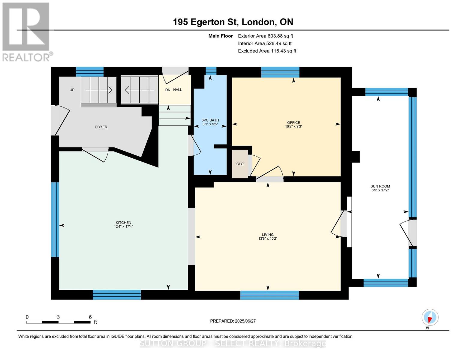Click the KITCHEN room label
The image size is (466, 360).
pyautogui.click(x=123, y=223)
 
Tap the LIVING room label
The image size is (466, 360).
pyautogui.click(x=268, y=235)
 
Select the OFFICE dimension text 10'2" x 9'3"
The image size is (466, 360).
pyautogui.click(x=293, y=127)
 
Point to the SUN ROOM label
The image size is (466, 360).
pyautogui.click(x=380, y=186)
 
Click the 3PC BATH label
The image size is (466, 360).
pyautogui.click(x=210, y=120)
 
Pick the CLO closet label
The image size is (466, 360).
pyautogui.click(x=240, y=164)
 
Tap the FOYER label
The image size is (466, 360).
pyautogui.click(x=101, y=127)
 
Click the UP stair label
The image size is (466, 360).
pyautogui.click(x=72, y=90)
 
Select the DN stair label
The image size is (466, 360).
pyautogui.click(x=168, y=90)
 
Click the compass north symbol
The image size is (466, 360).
pyautogui.click(x=430, y=317)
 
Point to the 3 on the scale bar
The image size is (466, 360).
pyautogui.click(x=58, y=317)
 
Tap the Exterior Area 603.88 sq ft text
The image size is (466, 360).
pyautogui.click(x=266, y=36)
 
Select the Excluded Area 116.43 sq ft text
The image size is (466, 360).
pyautogui.click(x=267, y=51)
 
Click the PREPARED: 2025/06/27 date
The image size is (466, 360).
pyautogui.click(x=233, y=321)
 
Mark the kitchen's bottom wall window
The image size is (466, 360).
pyautogui.click(x=117, y=295)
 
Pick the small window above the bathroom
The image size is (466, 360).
pyautogui.click(x=211, y=71)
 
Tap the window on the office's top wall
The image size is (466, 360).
pyautogui.click(x=280, y=72)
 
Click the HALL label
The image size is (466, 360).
pyautogui.click(x=178, y=90)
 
